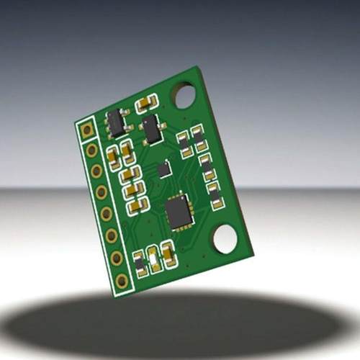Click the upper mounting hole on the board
click(x=184, y=95)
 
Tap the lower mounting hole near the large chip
click(x=225, y=239)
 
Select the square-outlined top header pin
click(x=87, y=130)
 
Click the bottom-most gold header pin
click(x=122, y=280)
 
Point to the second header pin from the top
click(x=91, y=150)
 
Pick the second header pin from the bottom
click(x=116, y=258)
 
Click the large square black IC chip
click(x=178, y=212)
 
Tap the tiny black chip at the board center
click(x=165, y=169)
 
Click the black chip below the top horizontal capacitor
click(x=152, y=130)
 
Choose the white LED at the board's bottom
click(x=154, y=258)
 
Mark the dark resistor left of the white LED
click(x=140, y=264)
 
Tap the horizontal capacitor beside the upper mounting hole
click(x=146, y=103)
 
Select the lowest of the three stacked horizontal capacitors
click(x=136, y=206)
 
